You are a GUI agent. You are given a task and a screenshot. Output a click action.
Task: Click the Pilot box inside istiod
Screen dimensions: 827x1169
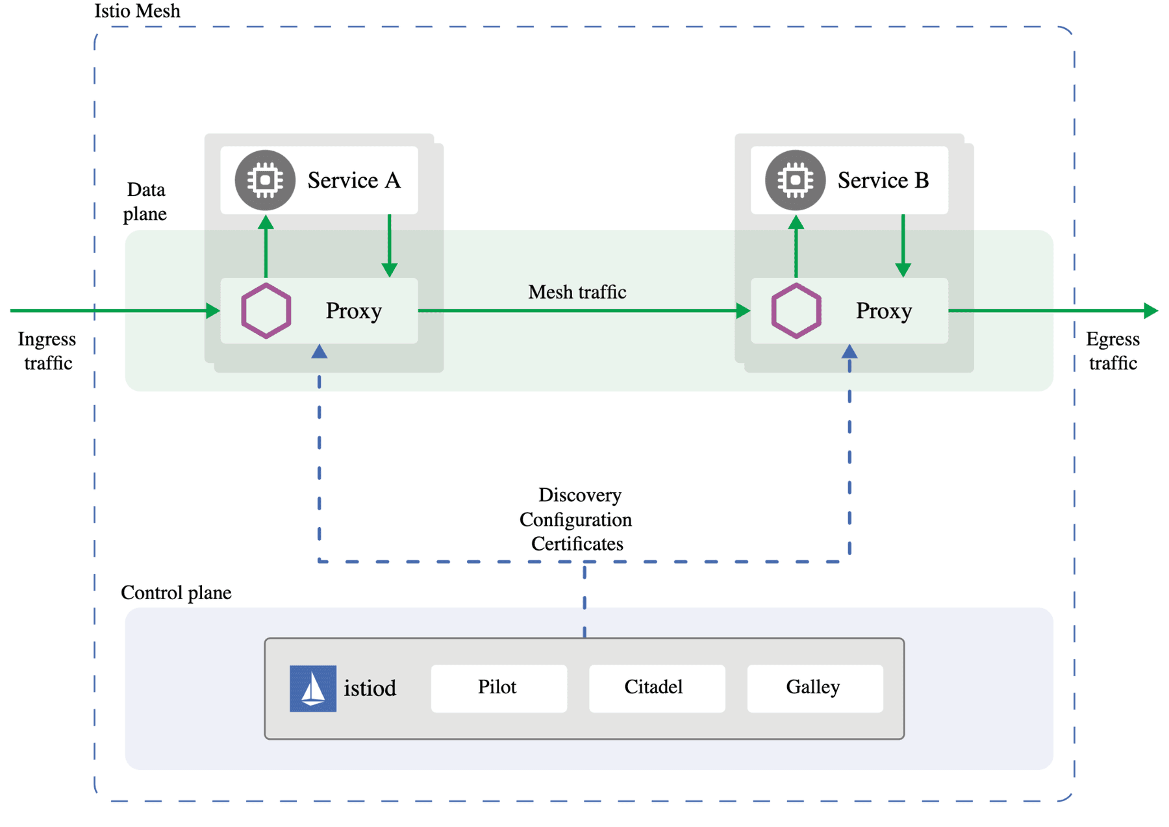[498, 687]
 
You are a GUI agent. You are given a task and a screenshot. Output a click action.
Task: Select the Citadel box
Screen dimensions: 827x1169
[656, 687]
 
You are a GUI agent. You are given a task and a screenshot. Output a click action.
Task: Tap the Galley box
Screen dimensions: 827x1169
[814, 687]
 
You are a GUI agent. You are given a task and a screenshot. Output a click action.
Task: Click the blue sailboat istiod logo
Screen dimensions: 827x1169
[312, 688]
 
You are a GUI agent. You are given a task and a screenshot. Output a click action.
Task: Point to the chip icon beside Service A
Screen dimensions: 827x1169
[265, 180]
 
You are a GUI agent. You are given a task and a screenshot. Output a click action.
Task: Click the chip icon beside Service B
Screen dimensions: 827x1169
[795, 180]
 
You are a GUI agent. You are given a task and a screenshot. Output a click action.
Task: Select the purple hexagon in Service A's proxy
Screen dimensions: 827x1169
[266, 310]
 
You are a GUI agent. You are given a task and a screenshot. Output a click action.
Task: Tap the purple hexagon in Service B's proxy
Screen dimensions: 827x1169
[796, 310]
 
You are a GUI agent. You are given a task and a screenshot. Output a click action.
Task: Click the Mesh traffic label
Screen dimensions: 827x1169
[577, 292]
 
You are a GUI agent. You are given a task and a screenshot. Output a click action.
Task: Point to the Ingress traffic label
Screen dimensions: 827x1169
[47, 351]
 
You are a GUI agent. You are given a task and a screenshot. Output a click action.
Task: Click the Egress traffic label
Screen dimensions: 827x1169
[1112, 351]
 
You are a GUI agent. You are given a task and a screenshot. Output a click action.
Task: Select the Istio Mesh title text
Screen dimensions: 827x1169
[137, 11]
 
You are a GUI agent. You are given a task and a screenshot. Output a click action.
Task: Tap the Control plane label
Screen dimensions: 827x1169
[176, 593]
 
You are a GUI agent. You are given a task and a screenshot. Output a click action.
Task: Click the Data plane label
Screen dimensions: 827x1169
[145, 201]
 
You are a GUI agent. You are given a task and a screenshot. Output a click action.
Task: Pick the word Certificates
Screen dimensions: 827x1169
[577, 544]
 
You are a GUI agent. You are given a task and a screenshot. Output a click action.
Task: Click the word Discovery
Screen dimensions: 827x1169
[579, 495]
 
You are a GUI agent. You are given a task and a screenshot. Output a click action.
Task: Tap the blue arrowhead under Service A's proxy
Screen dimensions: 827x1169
[319, 352]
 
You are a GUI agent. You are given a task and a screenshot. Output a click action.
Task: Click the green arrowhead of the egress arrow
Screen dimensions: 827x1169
[1151, 310]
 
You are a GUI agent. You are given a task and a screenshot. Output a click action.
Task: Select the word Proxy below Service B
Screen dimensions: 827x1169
[883, 311]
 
